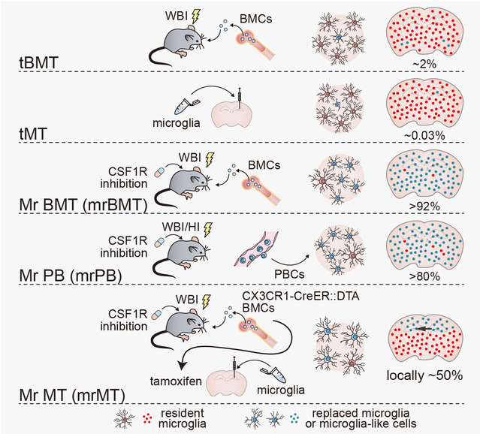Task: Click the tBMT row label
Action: (38, 63)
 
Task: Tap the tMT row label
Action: (33, 134)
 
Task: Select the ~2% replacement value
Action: (424, 64)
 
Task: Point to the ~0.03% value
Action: (424, 135)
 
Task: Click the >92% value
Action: (424, 206)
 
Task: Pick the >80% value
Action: (424, 276)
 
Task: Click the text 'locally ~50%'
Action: (424, 375)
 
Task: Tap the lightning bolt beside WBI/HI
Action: (208, 229)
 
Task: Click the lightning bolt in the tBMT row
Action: (195, 17)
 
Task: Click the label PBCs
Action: (289, 274)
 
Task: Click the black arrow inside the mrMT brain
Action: (424, 329)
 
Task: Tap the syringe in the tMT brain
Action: (240, 98)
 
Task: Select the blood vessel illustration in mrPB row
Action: (257, 249)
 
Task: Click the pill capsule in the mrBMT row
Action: (159, 172)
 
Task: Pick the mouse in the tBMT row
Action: (177, 44)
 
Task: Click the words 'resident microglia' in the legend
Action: (183, 418)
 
